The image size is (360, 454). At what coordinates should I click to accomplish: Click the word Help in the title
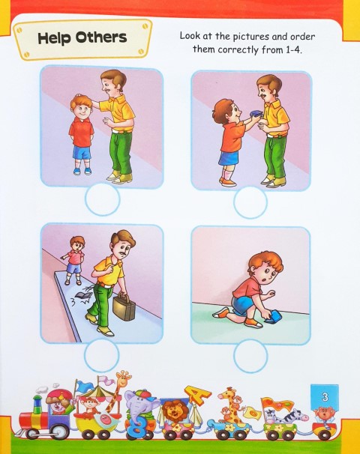(55, 37)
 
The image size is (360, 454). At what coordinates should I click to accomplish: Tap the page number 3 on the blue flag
(325, 395)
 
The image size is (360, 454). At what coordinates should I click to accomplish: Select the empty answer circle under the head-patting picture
(102, 201)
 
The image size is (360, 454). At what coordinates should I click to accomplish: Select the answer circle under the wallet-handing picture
(250, 202)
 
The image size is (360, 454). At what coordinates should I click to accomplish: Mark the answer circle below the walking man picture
(101, 355)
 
